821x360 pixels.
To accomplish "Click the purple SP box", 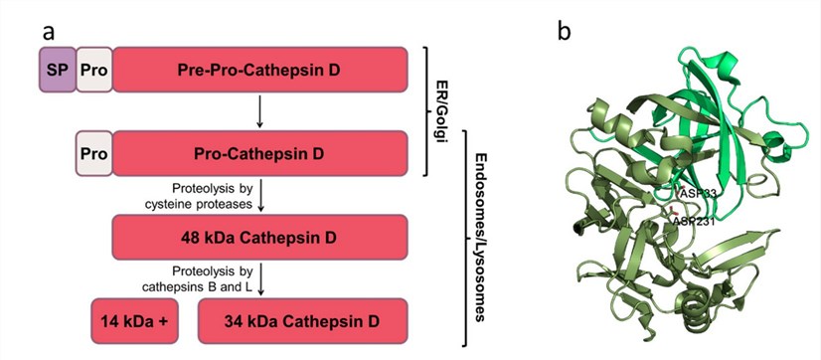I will [x=58, y=70].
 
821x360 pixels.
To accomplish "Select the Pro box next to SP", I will [x=95, y=70].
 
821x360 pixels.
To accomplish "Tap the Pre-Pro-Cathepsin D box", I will [x=260, y=70].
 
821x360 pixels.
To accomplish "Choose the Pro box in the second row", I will [x=95, y=154].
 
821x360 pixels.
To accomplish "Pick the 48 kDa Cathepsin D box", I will [x=260, y=238].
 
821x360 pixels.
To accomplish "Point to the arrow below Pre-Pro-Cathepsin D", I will [x=259, y=111].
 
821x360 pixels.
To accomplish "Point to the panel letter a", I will [x=48, y=30].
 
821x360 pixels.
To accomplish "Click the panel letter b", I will [x=564, y=30].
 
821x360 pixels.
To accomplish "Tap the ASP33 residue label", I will [x=700, y=193].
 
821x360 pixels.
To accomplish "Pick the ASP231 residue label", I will [x=697, y=220].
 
